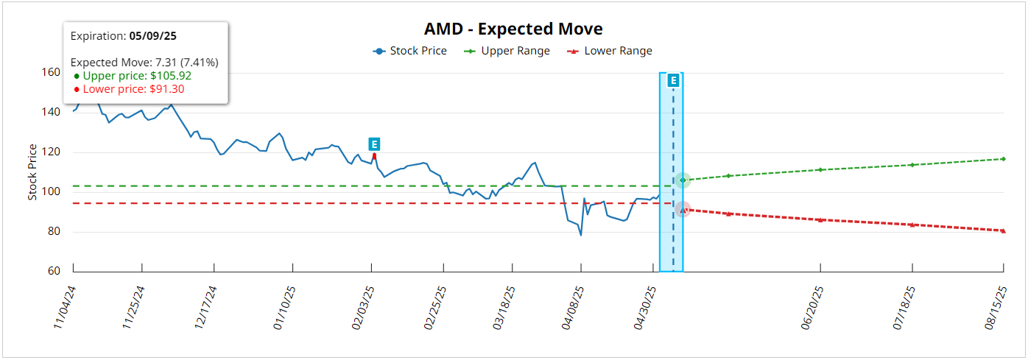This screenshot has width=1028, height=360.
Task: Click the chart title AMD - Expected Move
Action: (513, 29)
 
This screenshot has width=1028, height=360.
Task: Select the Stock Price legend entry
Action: (410, 51)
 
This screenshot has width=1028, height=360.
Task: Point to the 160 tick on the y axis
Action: (51, 73)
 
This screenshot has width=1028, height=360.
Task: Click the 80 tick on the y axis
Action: (54, 232)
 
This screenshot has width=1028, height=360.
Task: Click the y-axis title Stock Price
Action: (32, 172)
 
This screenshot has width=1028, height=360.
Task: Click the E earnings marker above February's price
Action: (374, 144)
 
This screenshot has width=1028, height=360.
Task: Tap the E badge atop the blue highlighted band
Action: (672, 80)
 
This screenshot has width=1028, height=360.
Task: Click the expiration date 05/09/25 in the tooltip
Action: (155, 35)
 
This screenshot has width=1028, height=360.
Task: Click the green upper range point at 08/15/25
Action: (1003, 159)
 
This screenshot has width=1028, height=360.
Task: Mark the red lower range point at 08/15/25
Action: (1003, 230)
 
